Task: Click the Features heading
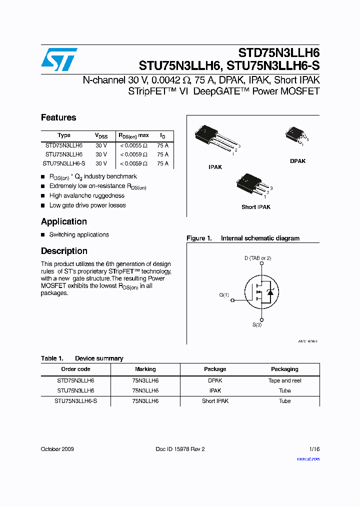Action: point(58,117)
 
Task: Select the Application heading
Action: point(63,221)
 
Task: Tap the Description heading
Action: point(64,251)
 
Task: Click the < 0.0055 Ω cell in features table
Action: point(133,145)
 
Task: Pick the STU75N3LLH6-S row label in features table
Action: point(64,163)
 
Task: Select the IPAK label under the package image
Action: point(215,167)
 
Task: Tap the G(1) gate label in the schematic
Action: point(224,295)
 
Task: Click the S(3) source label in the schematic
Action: point(256,325)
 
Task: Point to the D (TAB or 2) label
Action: point(257,258)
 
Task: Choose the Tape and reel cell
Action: point(284,380)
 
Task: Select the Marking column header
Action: point(145,369)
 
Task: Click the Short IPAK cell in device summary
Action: point(215,401)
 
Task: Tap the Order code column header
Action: point(75,369)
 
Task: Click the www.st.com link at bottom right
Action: point(308,459)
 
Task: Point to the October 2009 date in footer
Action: point(57,449)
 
